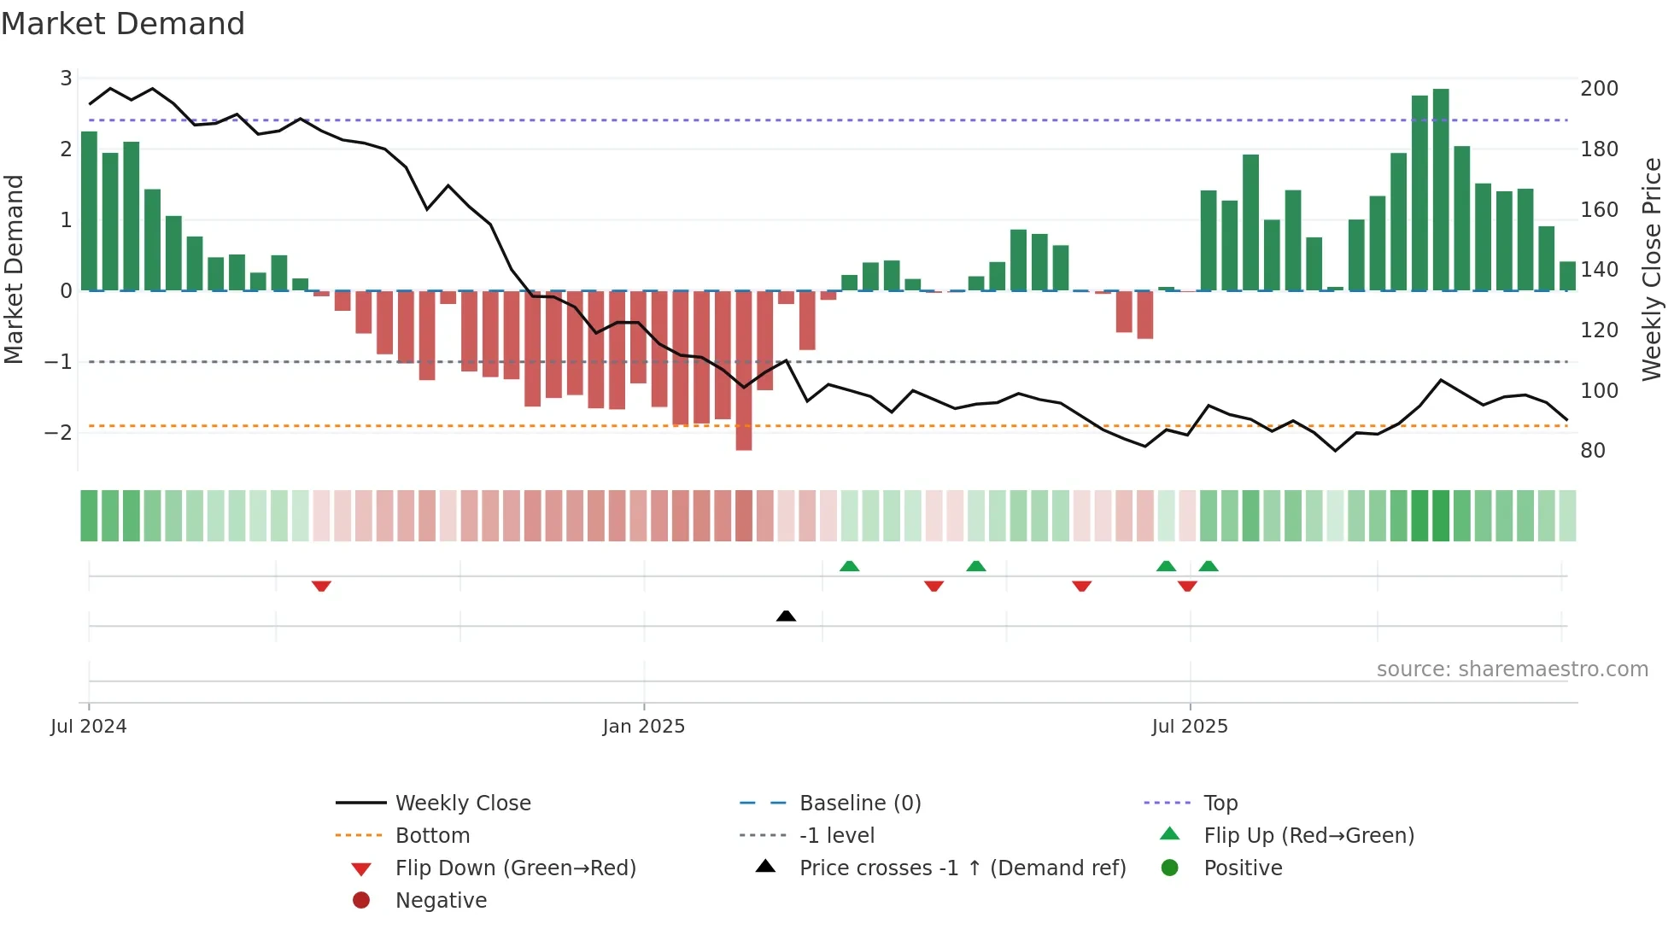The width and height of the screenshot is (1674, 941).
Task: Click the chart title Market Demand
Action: point(123,24)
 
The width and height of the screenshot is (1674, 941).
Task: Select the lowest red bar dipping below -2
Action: point(744,371)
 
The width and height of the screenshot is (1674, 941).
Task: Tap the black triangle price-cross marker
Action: point(786,616)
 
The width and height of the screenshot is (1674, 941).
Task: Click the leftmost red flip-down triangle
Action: point(321,586)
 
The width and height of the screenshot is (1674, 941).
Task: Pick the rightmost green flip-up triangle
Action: point(1209,566)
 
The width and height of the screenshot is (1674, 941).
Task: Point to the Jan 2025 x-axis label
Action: point(643,727)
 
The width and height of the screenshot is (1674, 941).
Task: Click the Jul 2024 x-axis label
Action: point(88,727)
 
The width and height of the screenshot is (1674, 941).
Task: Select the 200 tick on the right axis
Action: point(1599,89)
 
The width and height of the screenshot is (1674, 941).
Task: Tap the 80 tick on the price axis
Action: point(1593,451)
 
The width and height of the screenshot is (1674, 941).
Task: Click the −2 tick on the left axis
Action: point(58,433)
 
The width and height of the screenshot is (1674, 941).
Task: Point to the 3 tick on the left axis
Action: point(66,79)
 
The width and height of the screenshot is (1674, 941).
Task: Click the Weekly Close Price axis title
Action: point(1652,269)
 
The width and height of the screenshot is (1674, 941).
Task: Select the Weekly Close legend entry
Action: point(462,804)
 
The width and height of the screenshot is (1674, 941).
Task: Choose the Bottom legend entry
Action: point(432,836)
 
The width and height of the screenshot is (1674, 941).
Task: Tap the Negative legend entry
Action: point(441,901)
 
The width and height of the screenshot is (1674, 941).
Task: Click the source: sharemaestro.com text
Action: point(1512,669)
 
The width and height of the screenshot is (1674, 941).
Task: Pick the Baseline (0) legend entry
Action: point(859,804)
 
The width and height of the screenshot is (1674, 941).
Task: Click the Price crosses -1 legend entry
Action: point(962,868)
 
